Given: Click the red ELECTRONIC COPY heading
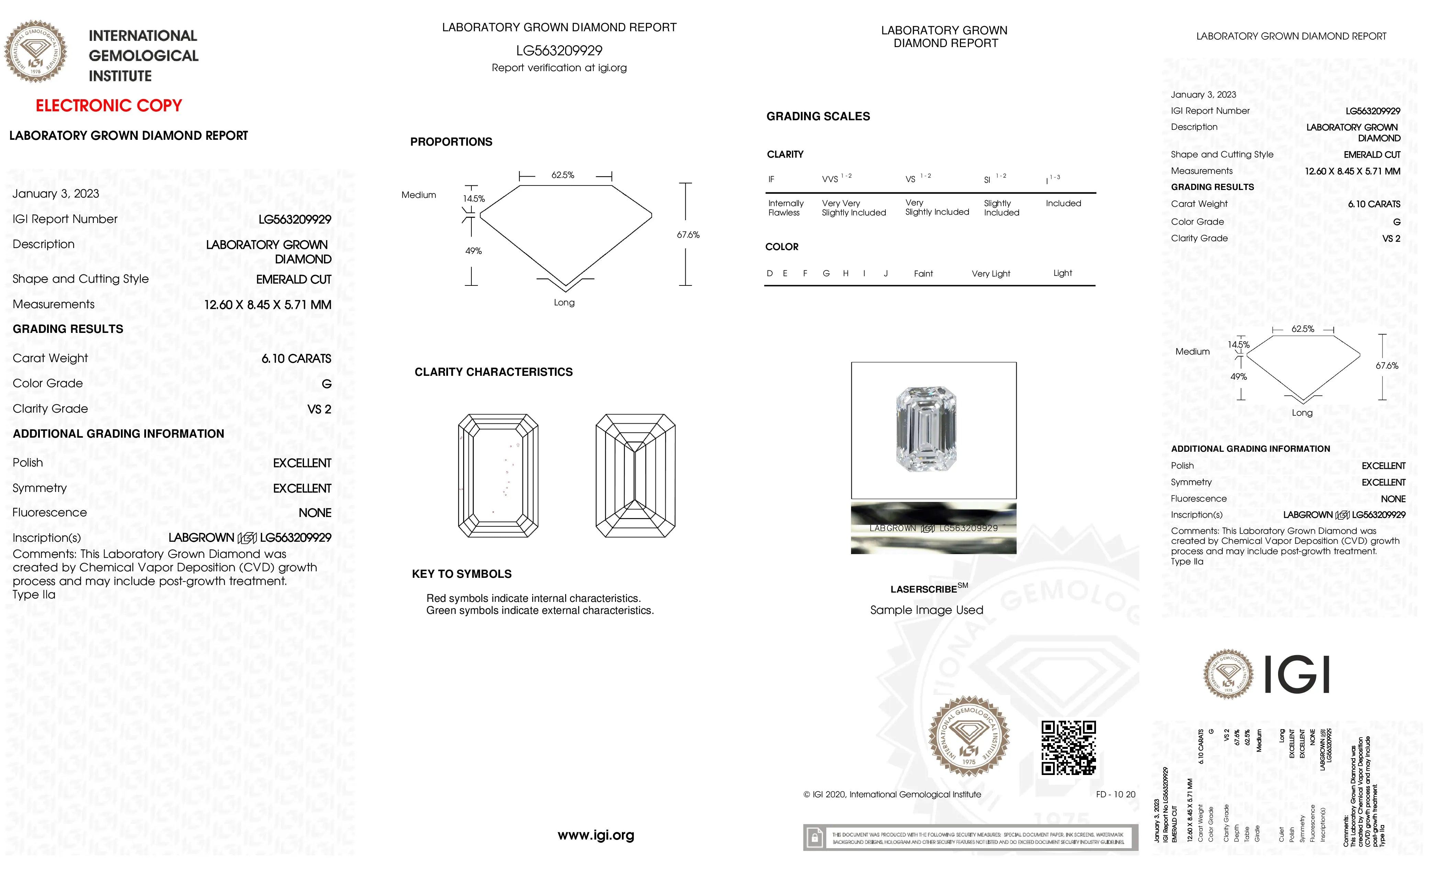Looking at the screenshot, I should (x=109, y=106).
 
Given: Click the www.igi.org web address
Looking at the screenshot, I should (x=596, y=835).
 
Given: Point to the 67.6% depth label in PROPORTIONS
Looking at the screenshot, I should (x=688, y=235).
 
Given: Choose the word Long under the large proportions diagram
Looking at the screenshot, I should (x=564, y=303).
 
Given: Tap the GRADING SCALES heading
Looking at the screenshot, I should (x=818, y=116).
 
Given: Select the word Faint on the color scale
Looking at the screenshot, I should (x=923, y=273).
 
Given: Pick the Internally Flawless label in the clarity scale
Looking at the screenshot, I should (x=785, y=208).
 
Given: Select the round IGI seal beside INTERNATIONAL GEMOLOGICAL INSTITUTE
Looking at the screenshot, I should (x=36, y=52).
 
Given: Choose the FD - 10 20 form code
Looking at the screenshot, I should (x=1115, y=795).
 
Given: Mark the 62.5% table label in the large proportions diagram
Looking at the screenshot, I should (x=563, y=175).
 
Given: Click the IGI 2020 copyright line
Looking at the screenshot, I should (x=892, y=795).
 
